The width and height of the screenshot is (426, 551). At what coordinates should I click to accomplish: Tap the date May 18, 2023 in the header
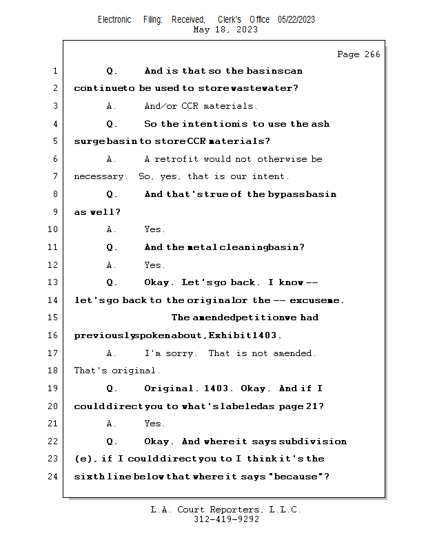coord(225,30)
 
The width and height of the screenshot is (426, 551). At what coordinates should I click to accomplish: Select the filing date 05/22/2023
coord(296,20)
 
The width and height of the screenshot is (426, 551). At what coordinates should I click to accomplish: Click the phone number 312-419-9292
coord(226,519)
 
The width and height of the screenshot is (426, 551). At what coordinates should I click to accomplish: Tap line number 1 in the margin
coord(55,71)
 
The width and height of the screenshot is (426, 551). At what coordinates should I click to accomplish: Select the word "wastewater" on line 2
coord(265,89)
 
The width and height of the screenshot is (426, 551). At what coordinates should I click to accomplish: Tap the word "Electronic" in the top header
coord(114,20)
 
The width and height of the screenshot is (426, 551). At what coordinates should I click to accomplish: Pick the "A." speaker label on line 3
coord(111,107)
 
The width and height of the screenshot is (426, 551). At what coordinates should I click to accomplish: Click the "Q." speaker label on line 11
coord(112,247)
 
